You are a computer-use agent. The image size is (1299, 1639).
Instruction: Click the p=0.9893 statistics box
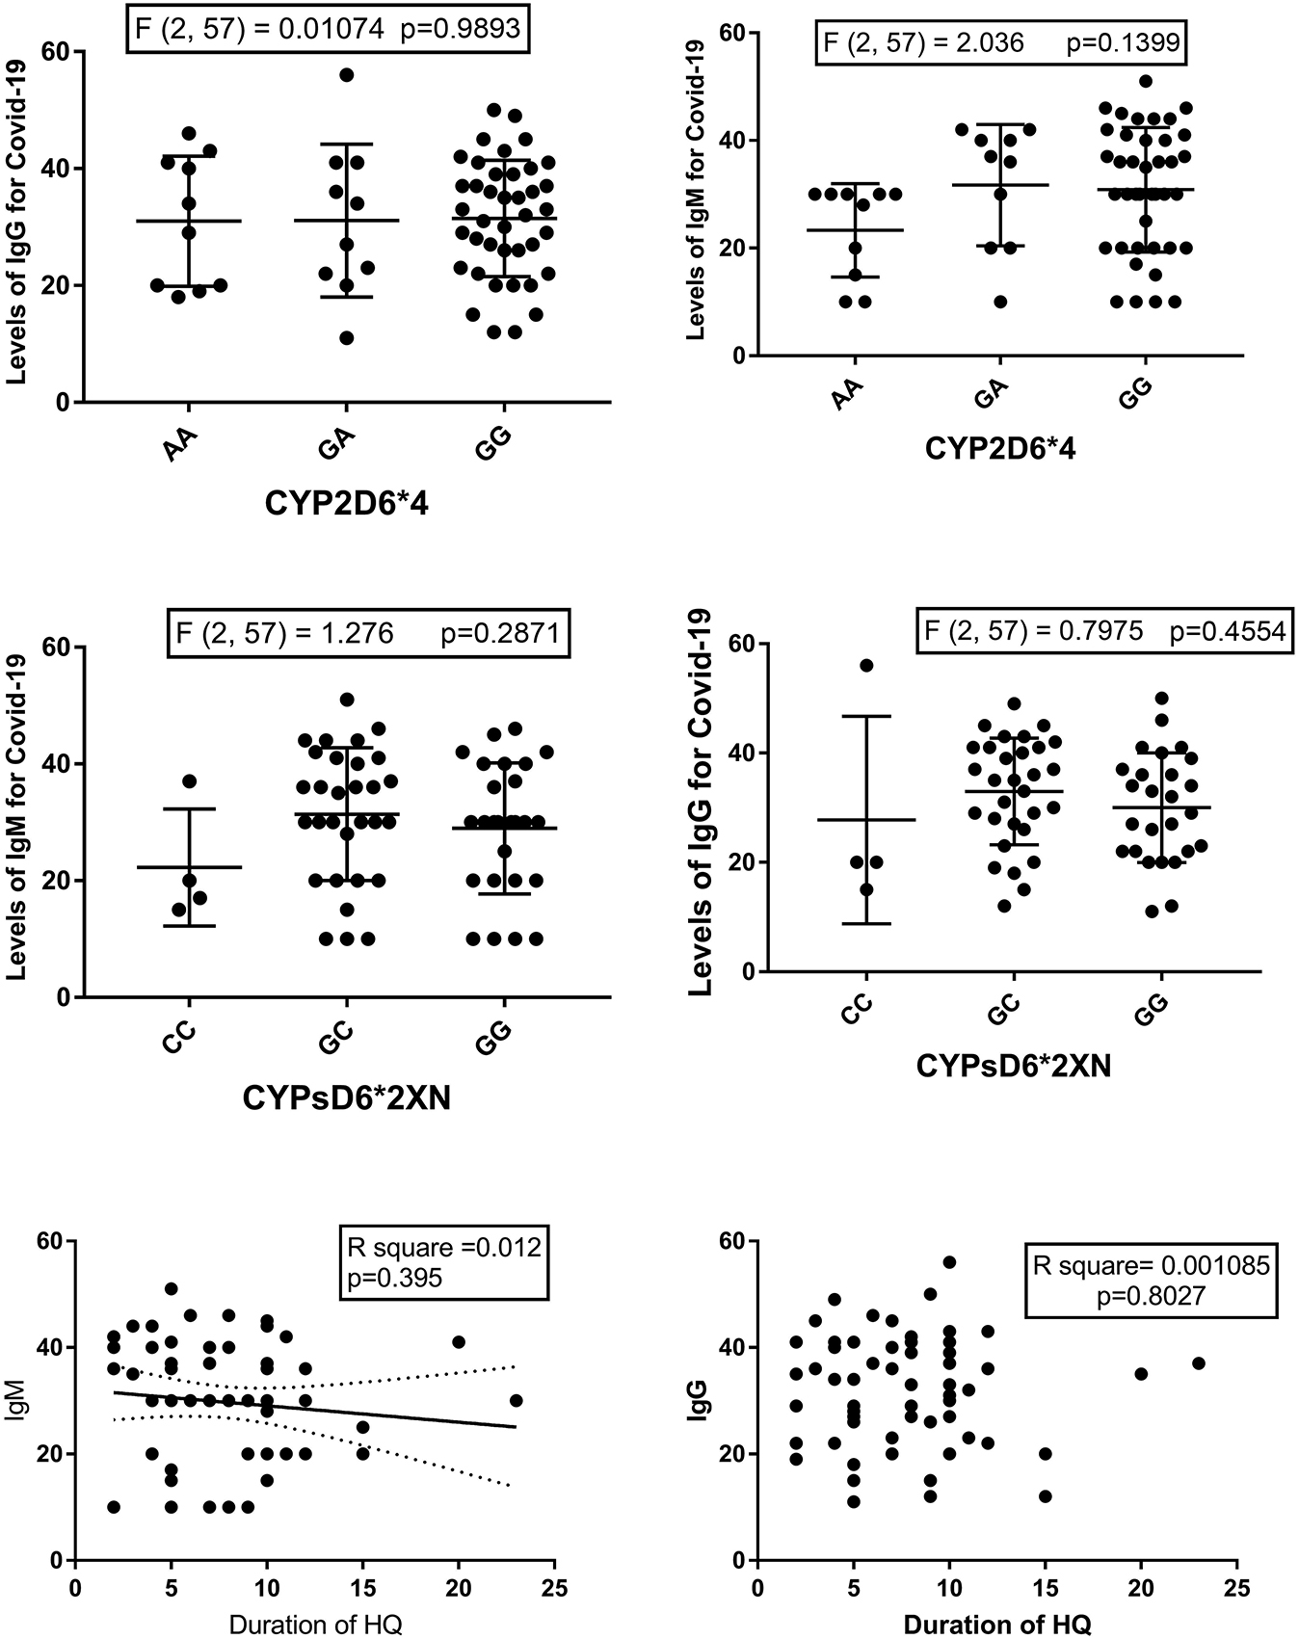pos(329,28)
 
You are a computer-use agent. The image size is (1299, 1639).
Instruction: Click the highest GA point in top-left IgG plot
pos(347,75)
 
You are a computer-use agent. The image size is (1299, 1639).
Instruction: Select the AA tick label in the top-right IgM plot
pos(848,394)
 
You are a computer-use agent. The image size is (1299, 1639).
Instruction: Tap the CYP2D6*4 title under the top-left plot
pos(347,503)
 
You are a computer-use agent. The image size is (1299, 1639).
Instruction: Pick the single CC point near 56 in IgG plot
pos(866,666)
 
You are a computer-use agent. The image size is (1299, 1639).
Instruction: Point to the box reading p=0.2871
pos(369,633)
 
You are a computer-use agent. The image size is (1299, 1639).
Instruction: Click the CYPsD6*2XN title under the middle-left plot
pos(347,1097)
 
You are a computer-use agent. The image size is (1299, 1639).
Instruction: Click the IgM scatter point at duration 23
pos(516,1400)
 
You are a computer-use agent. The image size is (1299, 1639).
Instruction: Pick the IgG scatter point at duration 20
pos(1141,1373)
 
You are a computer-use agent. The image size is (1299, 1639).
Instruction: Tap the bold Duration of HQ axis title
pos(997,1625)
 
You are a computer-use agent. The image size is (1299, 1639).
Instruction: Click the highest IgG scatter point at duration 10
pos(949,1262)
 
